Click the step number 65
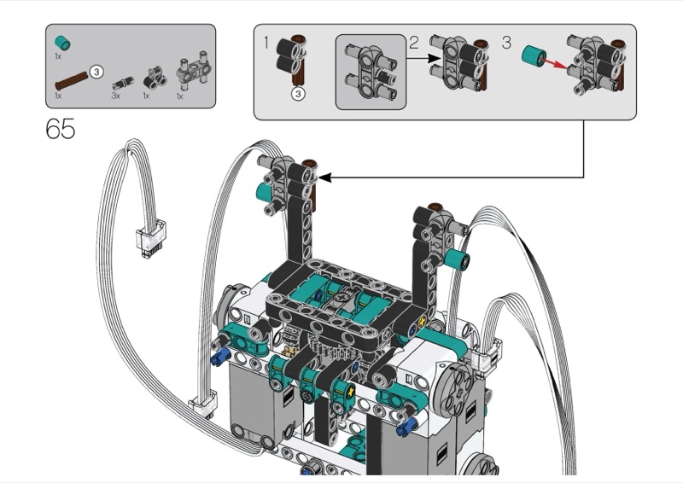[x=60, y=129]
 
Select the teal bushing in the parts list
[x=62, y=44]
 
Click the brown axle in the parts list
[x=72, y=80]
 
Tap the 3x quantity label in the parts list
[x=115, y=96]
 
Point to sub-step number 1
[x=266, y=44]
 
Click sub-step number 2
[x=414, y=43]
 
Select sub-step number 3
[x=506, y=43]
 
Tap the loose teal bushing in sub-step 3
[x=534, y=55]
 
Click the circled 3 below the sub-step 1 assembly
[x=298, y=94]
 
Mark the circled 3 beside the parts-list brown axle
[x=96, y=72]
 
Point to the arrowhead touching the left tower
[x=324, y=177]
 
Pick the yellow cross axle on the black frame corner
[x=422, y=323]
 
